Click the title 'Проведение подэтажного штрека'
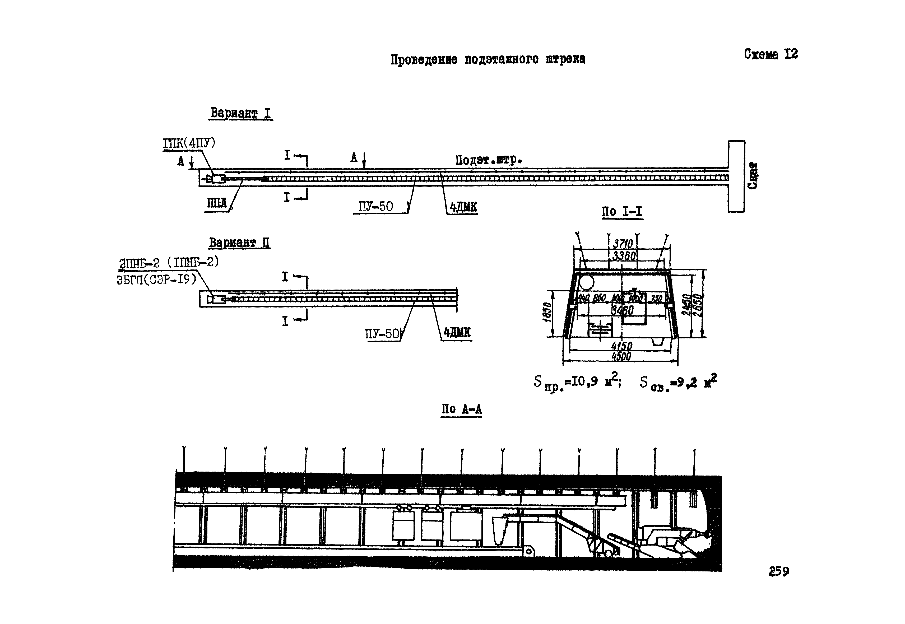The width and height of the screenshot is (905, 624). pos(488,59)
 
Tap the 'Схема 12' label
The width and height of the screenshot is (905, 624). pos(771,54)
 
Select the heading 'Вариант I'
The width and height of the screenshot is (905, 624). pos(240,113)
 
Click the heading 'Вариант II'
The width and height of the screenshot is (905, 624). pos(239,243)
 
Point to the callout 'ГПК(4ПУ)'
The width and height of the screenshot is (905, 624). pos(189,143)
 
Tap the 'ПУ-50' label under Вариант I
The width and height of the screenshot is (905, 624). pos(375,206)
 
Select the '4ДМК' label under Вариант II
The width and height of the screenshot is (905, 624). pos(457,333)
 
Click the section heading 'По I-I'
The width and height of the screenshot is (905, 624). pos(622,212)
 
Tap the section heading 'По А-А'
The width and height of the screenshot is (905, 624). pos(462,409)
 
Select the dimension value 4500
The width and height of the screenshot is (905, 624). pos(621,356)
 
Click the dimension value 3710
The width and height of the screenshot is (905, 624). pos(623,244)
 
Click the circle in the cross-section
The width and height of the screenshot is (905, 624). pos(586,282)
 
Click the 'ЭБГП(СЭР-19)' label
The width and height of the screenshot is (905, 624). pos(156,280)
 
